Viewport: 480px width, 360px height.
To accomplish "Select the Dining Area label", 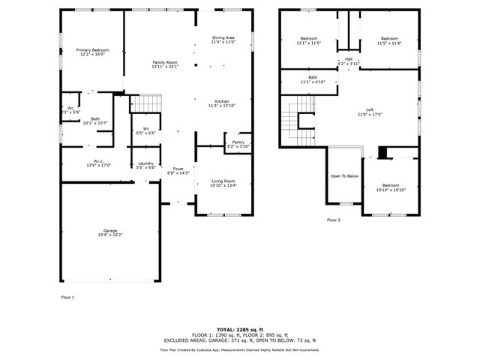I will point(223,37).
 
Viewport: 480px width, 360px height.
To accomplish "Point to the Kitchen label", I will point(222,101).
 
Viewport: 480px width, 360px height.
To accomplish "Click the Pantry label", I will point(238,142).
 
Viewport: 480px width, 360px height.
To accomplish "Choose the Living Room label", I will point(223,181).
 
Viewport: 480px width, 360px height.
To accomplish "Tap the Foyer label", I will point(178,169).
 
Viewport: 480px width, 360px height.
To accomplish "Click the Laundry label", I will point(146,163).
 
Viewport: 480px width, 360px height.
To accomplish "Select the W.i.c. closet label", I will point(99,161).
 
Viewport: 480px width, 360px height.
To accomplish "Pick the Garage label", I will point(110,230).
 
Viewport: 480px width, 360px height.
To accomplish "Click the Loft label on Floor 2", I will point(370,110).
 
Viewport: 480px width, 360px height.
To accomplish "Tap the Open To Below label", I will point(344,176).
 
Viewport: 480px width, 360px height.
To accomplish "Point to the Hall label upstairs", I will point(349,59).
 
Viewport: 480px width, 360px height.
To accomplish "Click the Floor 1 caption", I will point(67,298).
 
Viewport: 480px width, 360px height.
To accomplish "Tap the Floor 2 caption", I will point(334,220).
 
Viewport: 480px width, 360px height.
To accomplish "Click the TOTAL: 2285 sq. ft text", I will point(240,329).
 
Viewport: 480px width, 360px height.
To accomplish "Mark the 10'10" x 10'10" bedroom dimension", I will point(391,190).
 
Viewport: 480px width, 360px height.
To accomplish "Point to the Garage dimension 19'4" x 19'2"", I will point(110,235).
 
